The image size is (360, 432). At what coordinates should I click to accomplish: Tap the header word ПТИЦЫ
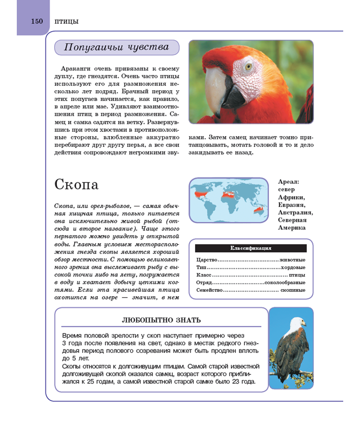point(67,21)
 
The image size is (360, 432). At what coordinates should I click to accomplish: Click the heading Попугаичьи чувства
point(117,47)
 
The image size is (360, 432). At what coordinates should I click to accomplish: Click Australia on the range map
point(257,210)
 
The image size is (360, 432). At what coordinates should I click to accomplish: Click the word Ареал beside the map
point(288,182)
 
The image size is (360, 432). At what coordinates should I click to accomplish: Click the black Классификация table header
point(251,248)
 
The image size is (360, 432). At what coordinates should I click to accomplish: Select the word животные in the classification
point(292,260)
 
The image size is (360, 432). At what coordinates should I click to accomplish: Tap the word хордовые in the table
point(293,267)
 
